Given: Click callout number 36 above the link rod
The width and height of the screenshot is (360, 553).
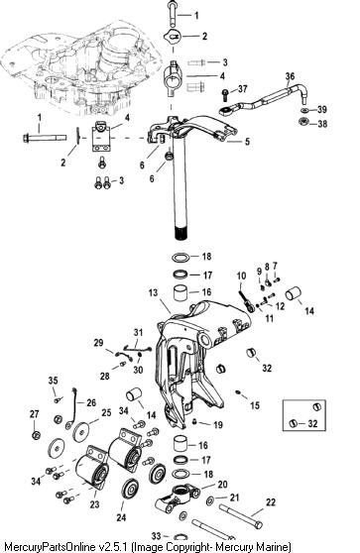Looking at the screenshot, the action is [x=290, y=76].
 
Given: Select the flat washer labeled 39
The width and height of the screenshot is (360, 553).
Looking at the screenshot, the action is [x=303, y=110].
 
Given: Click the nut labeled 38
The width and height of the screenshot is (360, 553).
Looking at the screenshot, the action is [x=303, y=122].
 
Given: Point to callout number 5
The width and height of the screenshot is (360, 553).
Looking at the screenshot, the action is [x=247, y=142].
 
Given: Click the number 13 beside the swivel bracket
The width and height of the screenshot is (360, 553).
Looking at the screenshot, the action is [x=153, y=292].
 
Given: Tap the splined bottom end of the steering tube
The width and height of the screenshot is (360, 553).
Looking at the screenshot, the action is [x=180, y=234].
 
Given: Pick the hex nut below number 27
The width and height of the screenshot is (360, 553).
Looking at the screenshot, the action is [x=36, y=435].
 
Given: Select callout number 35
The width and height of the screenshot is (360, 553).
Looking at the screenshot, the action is [x=53, y=381].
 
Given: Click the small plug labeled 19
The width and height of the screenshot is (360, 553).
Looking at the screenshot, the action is [x=194, y=421].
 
